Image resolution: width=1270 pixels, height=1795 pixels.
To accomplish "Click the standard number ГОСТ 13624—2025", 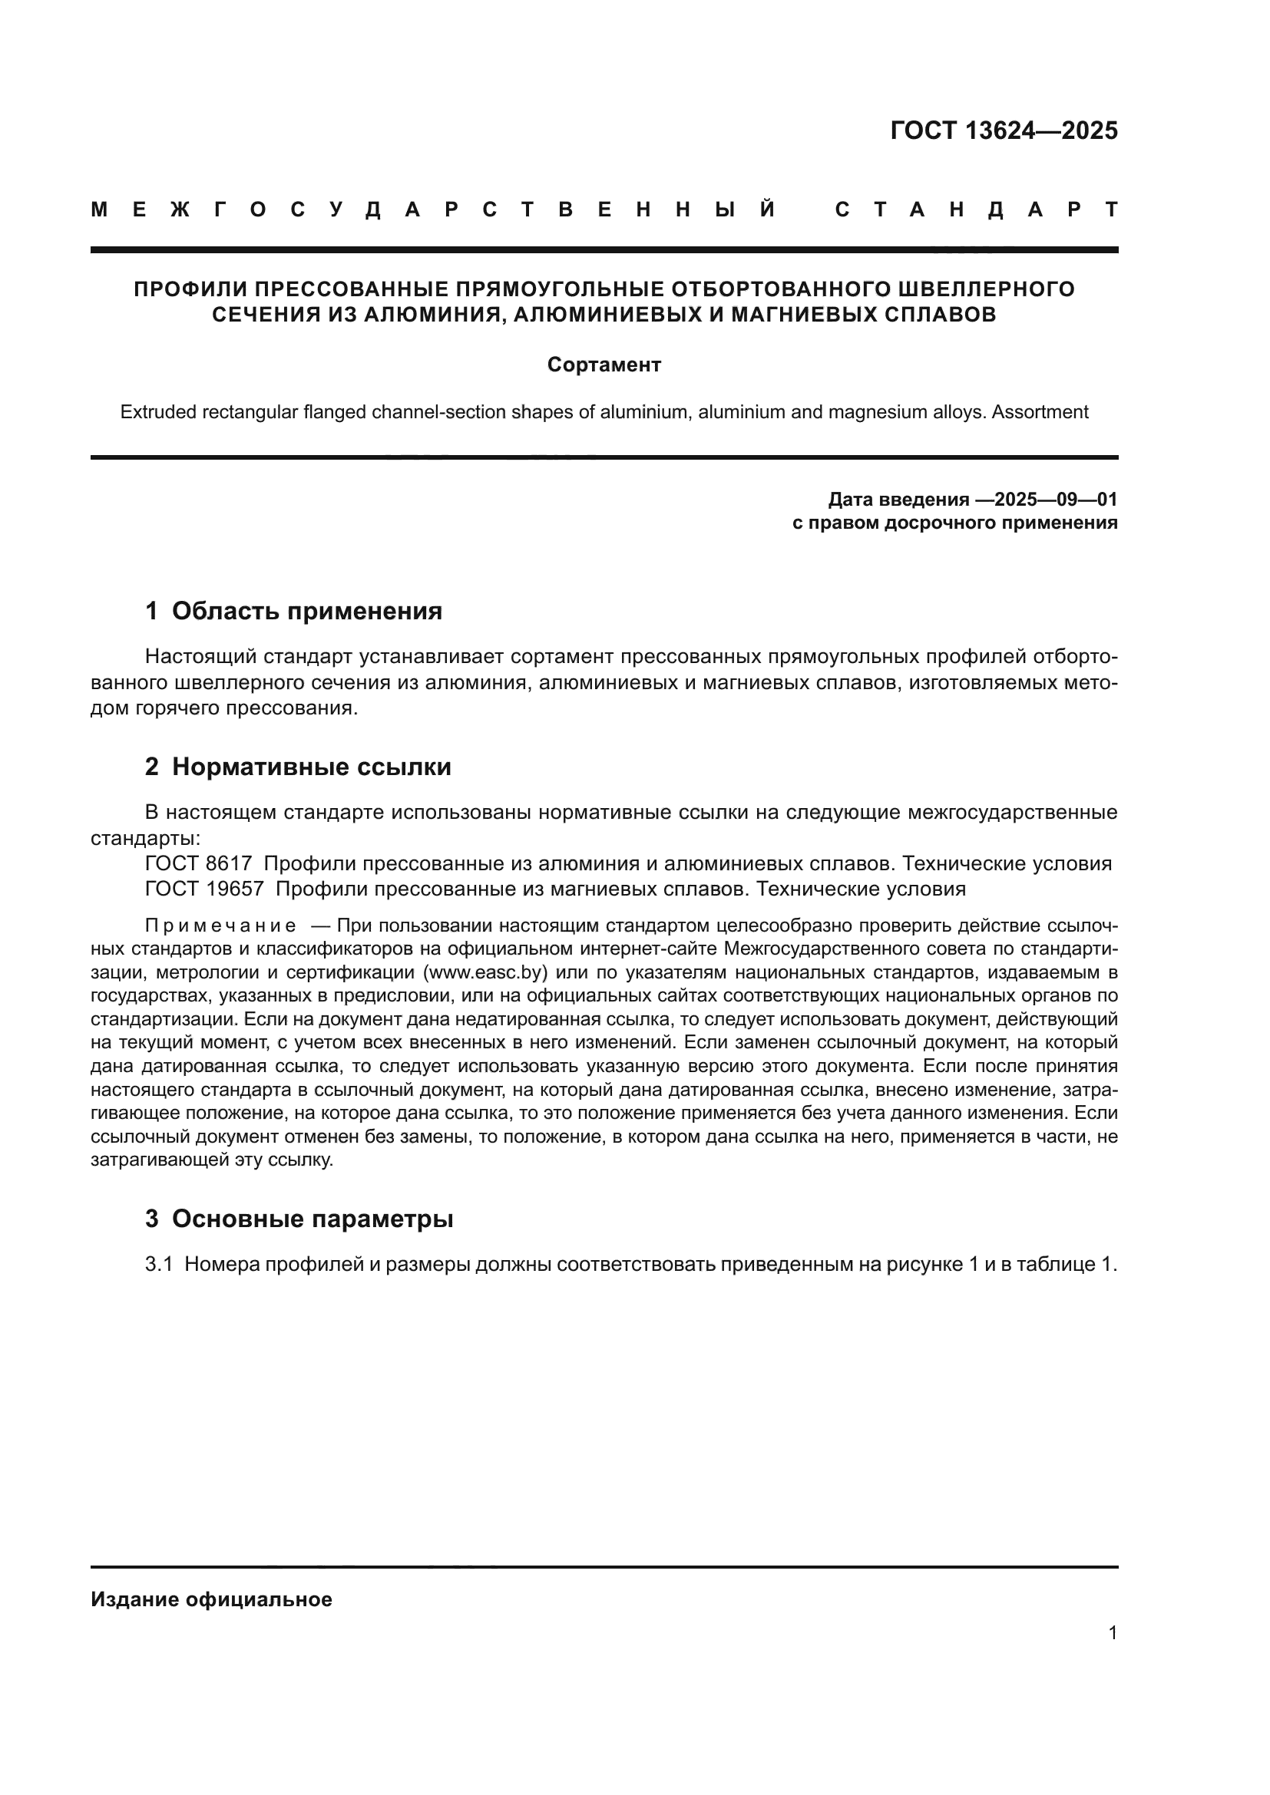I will pos(1004,130).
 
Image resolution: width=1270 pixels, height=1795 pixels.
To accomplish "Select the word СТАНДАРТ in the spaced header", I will pos(976,210).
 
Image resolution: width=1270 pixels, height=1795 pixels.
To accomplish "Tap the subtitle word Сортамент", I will pos(604,365).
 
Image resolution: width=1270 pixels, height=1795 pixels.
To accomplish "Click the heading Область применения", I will pos(306,611).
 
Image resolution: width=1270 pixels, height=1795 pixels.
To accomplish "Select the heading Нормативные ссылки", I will pos(311,767).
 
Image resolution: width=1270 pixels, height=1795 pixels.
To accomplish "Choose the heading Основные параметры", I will pos(312,1218).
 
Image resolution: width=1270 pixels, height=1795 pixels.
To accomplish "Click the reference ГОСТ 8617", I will pos(199,864).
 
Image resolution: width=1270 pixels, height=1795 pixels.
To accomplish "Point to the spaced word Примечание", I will pos(220,926).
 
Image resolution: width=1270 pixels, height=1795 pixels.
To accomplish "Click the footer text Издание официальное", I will pos(211,1599).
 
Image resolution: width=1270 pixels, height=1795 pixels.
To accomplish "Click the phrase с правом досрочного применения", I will pos(955,523).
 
